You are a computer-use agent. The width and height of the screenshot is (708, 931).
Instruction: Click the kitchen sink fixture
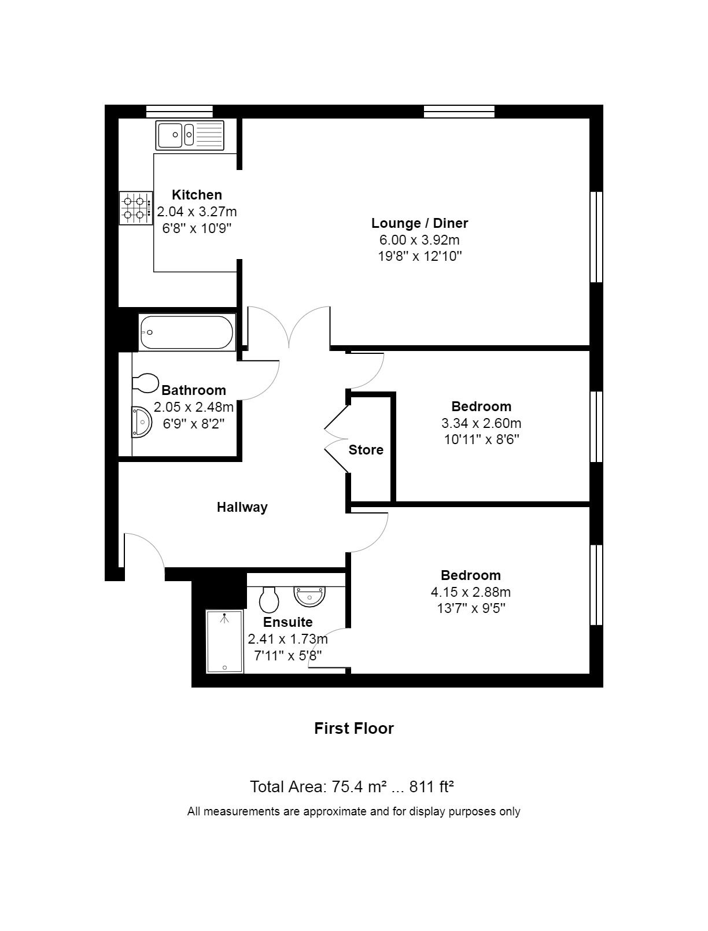(x=190, y=135)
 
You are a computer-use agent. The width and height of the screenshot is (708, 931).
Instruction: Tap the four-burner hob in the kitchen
(x=136, y=208)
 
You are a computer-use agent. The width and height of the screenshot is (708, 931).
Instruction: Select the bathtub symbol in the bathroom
(x=187, y=332)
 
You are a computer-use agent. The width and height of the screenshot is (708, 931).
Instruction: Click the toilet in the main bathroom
(x=145, y=383)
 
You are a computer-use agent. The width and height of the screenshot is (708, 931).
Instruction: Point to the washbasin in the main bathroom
(x=141, y=422)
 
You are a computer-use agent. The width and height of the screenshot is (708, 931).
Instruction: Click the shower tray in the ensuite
(x=224, y=641)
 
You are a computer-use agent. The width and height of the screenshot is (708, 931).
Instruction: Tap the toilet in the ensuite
(x=269, y=600)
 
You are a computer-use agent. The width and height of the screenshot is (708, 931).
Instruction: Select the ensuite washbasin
(x=309, y=596)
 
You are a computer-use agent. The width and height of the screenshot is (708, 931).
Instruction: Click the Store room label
(x=366, y=449)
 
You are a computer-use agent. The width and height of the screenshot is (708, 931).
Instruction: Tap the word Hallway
(x=242, y=507)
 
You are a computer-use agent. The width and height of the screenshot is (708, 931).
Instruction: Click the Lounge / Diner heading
(x=419, y=223)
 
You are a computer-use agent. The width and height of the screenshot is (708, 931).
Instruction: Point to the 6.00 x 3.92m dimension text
(x=419, y=240)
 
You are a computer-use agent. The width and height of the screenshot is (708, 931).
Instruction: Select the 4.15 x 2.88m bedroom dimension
(x=470, y=592)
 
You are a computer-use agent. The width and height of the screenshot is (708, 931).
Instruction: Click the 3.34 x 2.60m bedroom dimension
(x=481, y=423)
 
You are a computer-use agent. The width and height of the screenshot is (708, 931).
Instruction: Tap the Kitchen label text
(x=197, y=195)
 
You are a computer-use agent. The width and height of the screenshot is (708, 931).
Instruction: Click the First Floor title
(x=354, y=728)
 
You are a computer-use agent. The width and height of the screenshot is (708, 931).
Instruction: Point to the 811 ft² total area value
(x=432, y=787)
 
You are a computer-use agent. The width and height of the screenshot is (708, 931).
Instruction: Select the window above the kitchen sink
(x=179, y=112)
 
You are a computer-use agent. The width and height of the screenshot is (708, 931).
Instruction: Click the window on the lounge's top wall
(x=459, y=112)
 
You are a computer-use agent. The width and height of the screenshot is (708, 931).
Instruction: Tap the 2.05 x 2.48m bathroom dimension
(x=193, y=407)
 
